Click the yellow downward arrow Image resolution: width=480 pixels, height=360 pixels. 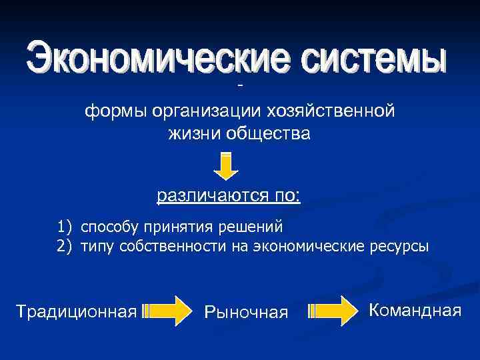[227, 166]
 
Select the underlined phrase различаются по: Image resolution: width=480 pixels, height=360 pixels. [229, 196]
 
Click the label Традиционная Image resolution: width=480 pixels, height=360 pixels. [76, 311]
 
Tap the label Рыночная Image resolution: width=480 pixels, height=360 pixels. [246, 312]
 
